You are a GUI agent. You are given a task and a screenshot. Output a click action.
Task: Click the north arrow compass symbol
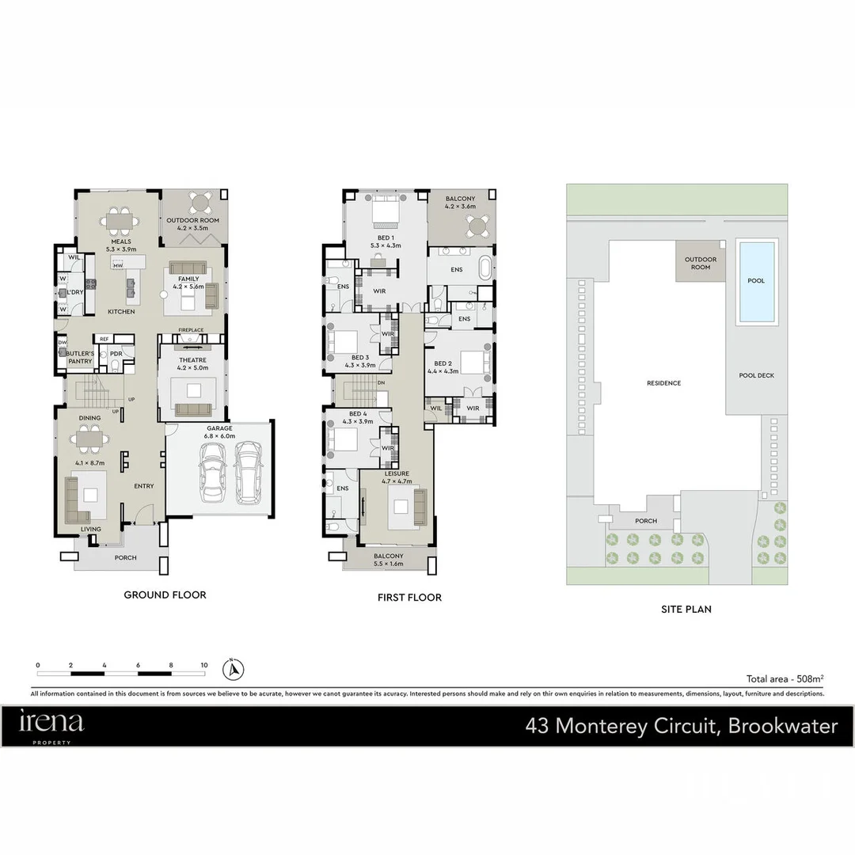tap(233, 670)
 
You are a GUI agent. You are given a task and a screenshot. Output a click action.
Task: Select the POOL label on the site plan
tap(756, 281)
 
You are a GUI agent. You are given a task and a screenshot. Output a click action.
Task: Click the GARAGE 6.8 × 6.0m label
tap(219, 431)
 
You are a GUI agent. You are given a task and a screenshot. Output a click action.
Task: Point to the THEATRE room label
tap(192, 363)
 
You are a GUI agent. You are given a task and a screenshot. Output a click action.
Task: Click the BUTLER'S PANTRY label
tap(80, 357)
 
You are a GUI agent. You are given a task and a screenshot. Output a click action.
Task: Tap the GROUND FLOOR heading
tap(165, 595)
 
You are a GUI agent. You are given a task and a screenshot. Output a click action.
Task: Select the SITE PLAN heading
tap(686, 609)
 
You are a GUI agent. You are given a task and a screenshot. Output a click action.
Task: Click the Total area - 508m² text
tap(785, 678)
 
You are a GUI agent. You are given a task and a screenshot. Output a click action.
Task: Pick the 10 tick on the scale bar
tap(204, 665)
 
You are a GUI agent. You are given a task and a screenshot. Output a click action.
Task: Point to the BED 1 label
tap(386, 241)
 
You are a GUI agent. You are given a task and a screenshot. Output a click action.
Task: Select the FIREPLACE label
tap(191, 329)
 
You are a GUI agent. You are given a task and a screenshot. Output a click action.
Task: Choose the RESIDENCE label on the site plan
tap(663, 383)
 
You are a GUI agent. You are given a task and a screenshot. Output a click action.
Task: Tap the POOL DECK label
tap(756, 376)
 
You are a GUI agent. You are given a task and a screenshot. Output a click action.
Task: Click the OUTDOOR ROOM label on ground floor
tap(192, 225)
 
